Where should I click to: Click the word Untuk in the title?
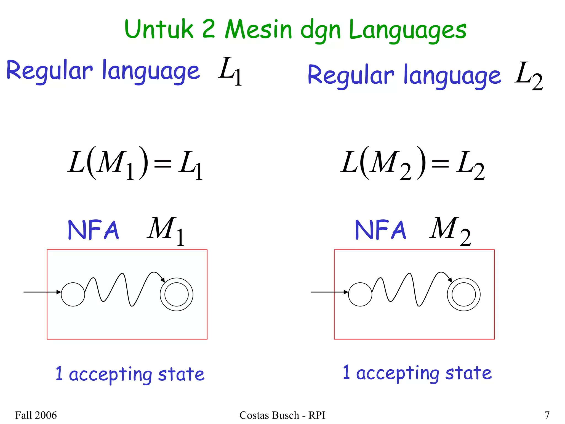tap(159, 29)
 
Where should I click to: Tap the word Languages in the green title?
tap(407, 30)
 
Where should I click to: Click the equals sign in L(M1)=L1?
tap(162, 164)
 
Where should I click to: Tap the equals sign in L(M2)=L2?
tap(440, 164)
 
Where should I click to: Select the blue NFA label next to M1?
tap(94, 230)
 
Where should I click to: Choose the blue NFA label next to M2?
tap(380, 230)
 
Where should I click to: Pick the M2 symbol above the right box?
tap(450, 230)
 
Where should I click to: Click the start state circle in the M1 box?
tap(73, 294)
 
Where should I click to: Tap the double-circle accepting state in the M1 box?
tap(177, 294)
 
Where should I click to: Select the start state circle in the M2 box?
tap(360, 294)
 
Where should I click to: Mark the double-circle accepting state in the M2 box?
tap(464, 294)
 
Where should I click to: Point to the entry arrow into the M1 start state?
tap(41, 292)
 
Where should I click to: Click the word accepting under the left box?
tap(110, 375)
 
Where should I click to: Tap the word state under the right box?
tap(468, 373)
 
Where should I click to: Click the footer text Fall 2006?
tap(36, 415)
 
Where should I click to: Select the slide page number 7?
tap(547, 415)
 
